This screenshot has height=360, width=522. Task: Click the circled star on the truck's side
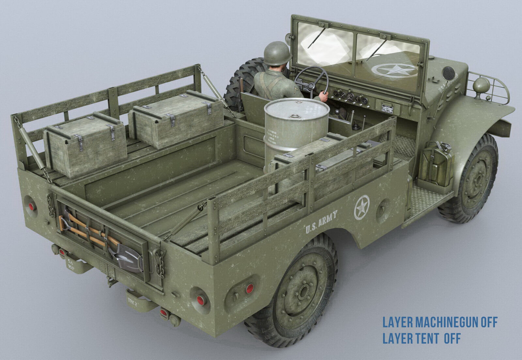coord(362,206)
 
